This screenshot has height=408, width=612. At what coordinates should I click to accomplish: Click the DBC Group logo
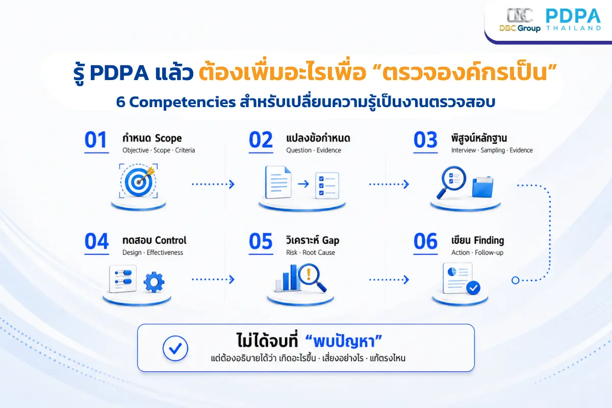pyautogui.click(x=520, y=20)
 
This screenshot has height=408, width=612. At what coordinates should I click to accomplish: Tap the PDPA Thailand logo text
pyautogui.click(x=573, y=20)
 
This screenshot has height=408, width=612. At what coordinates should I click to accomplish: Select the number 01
pyautogui.click(x=96, y=140)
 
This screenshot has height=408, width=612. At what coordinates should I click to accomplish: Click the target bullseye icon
pyautogui.click(x=139, y=181)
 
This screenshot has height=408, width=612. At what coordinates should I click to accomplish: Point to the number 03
pyautogui.click(x=425, y=140)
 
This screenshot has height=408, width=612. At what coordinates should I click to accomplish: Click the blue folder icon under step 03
pyautogui.click(x=483, y=187)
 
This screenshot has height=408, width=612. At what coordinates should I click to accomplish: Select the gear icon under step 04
pyautogui.click(x=154, y=282)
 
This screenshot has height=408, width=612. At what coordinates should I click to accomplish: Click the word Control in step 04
pyautogui.click(x=171, y=241)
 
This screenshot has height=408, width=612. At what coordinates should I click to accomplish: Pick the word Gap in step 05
pyautogui.click(x=330, y=241)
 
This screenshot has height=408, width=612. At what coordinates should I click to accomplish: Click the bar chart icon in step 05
pyautogui.click(x=288, y=278)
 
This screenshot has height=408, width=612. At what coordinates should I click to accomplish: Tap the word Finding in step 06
pyautogui.click(x=489, y=241)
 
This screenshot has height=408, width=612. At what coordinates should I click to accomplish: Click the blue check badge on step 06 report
pyautogui.click(x=473, y=288)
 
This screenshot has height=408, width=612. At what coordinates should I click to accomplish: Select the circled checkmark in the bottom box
pyautogui.click(x=175, y=348)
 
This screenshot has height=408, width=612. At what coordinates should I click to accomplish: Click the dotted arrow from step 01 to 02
pyautogui.click(x=213, y=184)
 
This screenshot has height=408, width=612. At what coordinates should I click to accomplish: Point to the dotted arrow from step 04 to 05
pyautogui.click(x=213, y=279)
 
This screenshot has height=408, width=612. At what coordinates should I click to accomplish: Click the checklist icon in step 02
pyautogui.click(x=327, y=185)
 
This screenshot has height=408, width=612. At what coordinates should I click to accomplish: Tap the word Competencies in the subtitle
pyautogui.click(x=182, y=103)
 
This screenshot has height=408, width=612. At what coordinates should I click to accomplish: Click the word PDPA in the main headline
pyautogui.click(x=119, y=73)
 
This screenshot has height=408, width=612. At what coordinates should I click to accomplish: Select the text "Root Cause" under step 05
pyautogui.click(x=319, y=252)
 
